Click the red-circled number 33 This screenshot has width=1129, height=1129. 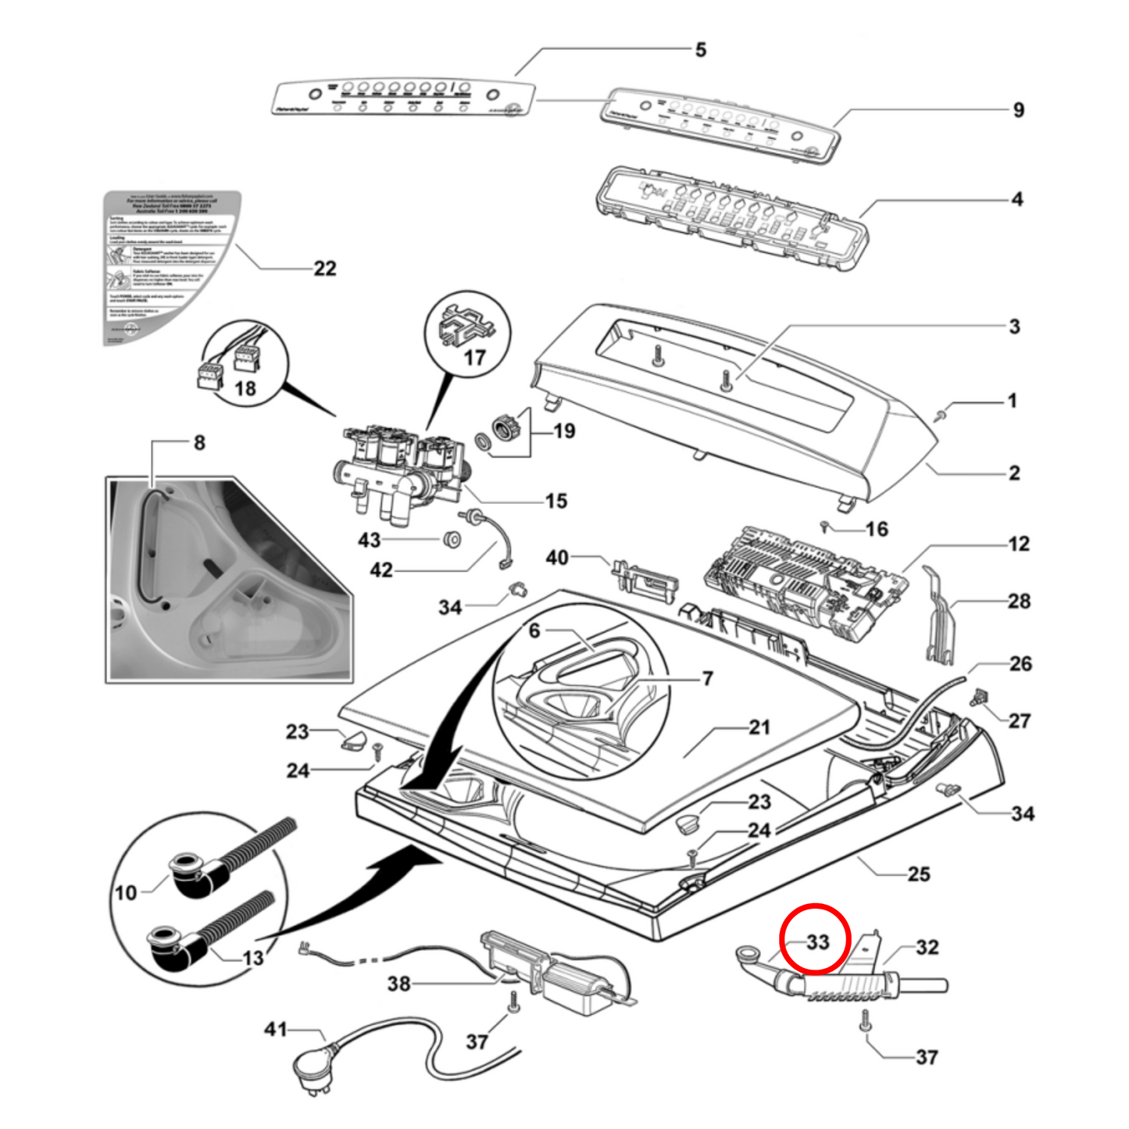tap(816, 941)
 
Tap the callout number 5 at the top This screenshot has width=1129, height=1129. tap(700, 50)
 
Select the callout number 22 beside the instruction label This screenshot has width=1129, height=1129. tap(324, 269)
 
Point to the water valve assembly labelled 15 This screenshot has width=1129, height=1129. tap(398, 473)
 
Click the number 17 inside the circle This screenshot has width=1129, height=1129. tap(474, 358)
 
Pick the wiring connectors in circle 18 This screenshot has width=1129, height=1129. tap(227, 361)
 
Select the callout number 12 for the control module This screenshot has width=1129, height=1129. tap(1018, 544)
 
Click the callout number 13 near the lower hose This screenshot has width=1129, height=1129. tap(252, 958)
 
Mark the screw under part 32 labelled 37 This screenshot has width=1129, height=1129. tap(866, 1020)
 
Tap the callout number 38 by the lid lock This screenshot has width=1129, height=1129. tap(398, 983)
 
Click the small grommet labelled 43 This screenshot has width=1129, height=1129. tap(451, 540)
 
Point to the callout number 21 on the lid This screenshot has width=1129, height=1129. tap(759, 727)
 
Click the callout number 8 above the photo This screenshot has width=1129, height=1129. tap(199, 443)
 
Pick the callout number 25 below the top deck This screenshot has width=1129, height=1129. tap(918, 874)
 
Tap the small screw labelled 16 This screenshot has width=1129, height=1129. tap(824, 527)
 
